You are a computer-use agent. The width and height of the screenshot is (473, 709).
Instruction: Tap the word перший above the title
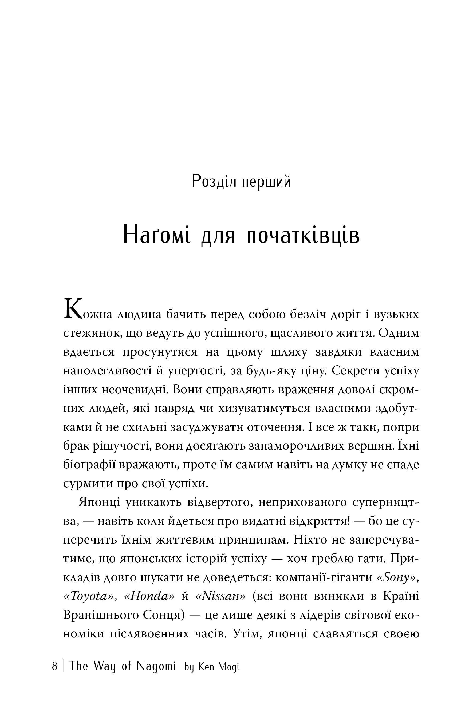click(266, 182)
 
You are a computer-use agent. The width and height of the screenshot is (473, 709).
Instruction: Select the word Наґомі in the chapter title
click(157, 235)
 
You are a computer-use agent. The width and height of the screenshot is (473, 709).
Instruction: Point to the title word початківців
click(303, 235)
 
